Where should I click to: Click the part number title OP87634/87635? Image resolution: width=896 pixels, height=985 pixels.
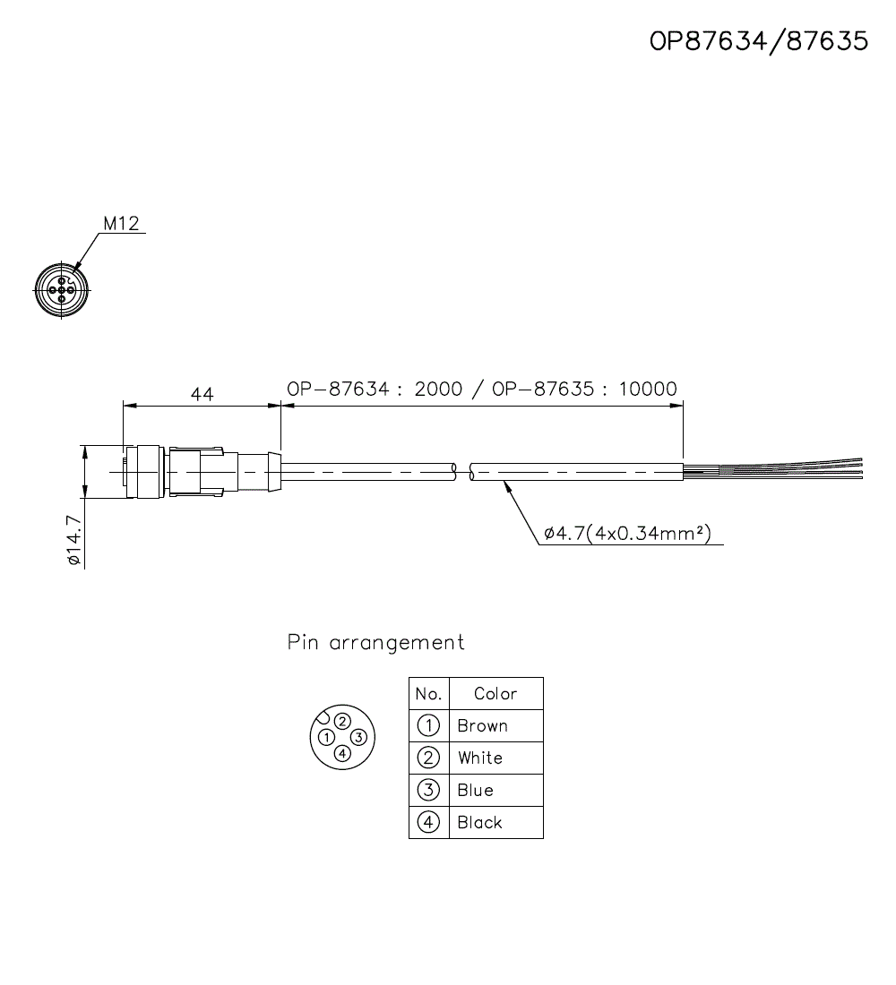point(758,41)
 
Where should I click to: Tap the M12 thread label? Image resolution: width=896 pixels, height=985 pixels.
point(121,224)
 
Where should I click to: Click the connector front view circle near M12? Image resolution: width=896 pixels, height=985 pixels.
point(62,290)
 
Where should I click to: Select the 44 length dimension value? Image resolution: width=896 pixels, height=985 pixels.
point(202,395)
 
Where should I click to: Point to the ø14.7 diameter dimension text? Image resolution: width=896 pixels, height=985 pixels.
point(73,541)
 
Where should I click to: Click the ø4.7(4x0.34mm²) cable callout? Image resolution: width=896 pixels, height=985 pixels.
point(627,534)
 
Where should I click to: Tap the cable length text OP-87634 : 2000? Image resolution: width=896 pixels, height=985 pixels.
point(375,389)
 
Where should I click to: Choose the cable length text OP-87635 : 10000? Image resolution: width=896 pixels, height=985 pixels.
point(585,389)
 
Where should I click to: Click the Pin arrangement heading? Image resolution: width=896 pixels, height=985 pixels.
point(376,642)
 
